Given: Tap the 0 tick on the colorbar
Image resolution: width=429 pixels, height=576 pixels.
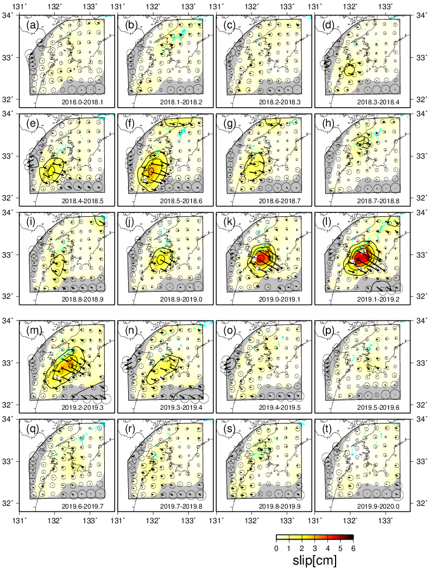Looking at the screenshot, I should tap(277, 548).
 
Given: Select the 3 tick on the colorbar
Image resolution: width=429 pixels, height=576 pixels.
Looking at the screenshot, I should tap(314, 548).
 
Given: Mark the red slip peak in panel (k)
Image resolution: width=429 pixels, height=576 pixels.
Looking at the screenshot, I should tap(262, 256).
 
